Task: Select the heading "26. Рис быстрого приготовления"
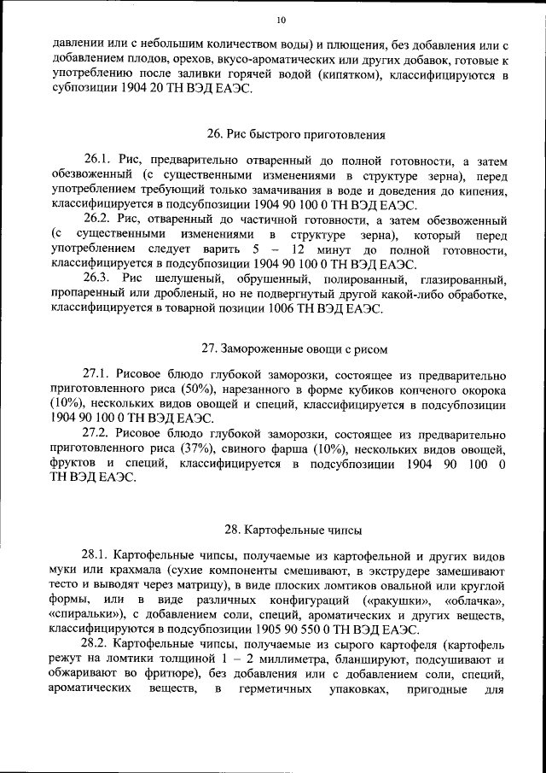[x=296, y=133]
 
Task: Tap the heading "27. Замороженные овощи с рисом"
[x=296, y=348]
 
